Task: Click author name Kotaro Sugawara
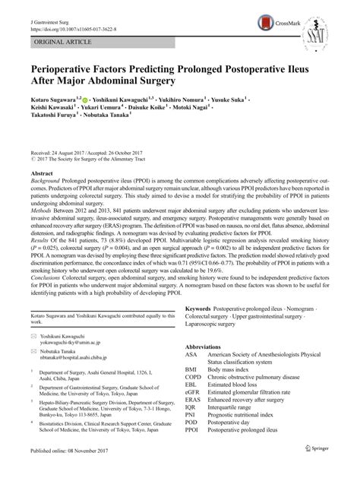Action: click(x=50, y=100)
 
